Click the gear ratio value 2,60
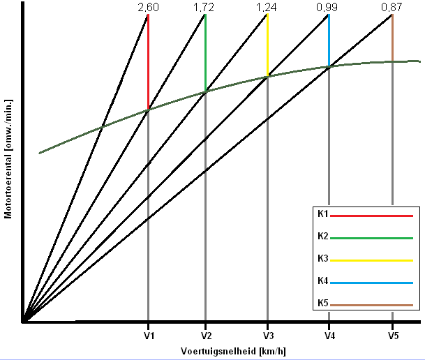point(148,7)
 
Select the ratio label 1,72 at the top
point(205,7)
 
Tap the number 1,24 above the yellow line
point(267,7)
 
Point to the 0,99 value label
point(329,7)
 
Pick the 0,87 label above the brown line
point(392,7)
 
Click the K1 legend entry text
point(322,214)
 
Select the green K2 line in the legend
point(371,238)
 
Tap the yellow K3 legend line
point(371,260)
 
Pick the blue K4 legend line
point(371,283)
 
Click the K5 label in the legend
point(322,303)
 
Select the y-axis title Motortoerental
point(8,158)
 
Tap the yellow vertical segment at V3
point(267,45)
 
